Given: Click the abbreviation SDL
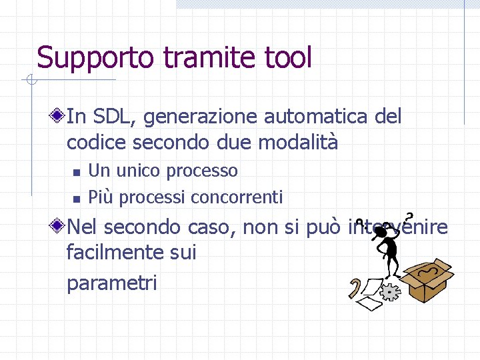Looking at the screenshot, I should (x=113, y=117).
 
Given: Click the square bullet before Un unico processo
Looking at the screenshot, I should (x=77, y=172).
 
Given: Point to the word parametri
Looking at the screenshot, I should (x=111, y=283).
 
